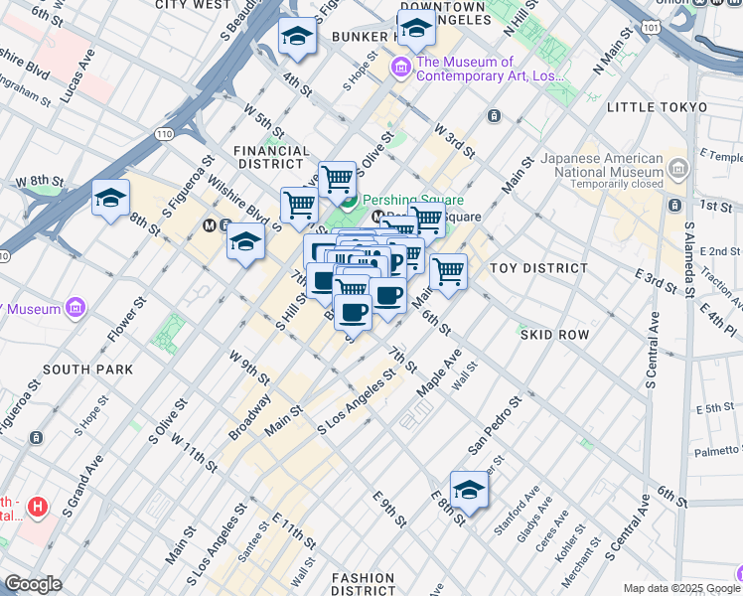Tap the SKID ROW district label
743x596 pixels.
coord(556,336)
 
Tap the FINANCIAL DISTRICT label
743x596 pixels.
coord(268,157)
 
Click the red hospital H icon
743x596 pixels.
coord(38,508)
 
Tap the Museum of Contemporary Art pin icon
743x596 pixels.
coord(402,68)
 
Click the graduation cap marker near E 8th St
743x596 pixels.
coord(469,490)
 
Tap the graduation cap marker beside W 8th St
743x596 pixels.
coord(111,198)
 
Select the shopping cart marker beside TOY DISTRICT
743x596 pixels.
coord(449,270)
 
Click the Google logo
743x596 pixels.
coord(34,584)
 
